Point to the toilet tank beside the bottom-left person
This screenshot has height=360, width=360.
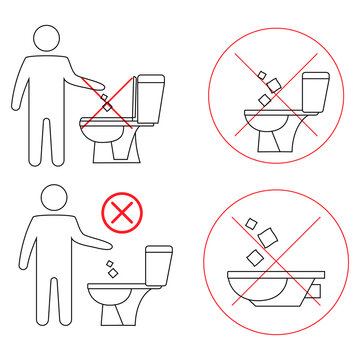[158, 265]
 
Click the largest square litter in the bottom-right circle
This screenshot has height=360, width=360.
[268, 236]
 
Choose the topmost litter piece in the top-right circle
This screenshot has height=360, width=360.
[258, 75]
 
